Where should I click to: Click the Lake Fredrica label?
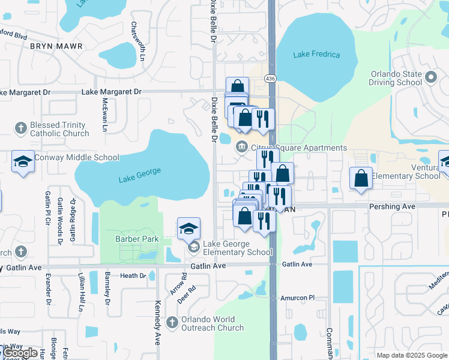click(316, 55)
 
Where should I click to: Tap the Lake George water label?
click(140, 175)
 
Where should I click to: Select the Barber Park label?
click(137, 239)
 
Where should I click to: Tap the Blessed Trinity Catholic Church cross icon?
click(21, 127)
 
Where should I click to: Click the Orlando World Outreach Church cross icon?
click(172, 322)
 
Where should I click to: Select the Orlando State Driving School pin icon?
click(430, 77)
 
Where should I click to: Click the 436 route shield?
click(271, 79)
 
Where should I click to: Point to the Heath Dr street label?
click(133, 275)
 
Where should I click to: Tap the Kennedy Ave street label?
click(158, 322)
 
